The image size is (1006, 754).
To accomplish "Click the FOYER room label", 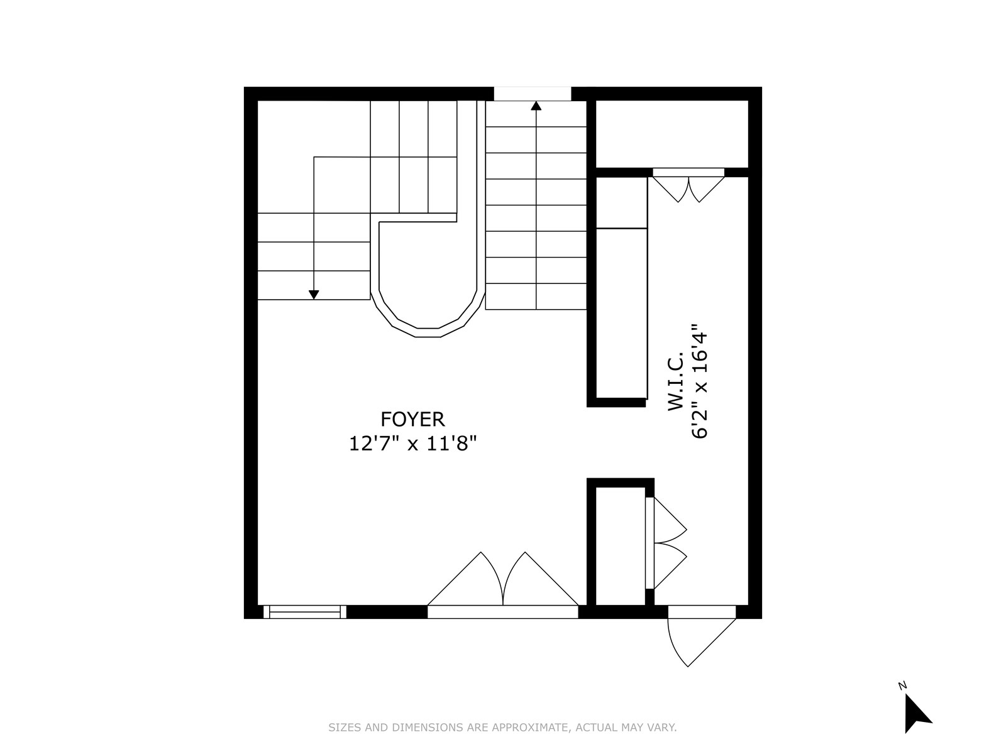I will (x=412, y=419).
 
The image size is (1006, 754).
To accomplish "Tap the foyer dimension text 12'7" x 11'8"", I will (x=412, y=444).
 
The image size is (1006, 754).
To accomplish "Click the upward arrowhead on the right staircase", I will (x=536, y=106).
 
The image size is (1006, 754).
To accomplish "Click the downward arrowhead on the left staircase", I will (x=314, y=294).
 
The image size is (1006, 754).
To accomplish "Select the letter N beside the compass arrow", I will (x=902, y=686).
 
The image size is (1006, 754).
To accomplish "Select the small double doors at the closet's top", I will (x=688, y=185).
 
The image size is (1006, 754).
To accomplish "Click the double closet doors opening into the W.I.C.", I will (x=666, y=544).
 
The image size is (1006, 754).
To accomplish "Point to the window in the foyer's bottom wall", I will (x=304, y=612).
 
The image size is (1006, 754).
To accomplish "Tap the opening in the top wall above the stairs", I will (x=532, y=94).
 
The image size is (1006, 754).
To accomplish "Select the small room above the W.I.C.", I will (x=672, y=133).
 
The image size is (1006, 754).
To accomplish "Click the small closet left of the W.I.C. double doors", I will (x=619, y=544).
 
